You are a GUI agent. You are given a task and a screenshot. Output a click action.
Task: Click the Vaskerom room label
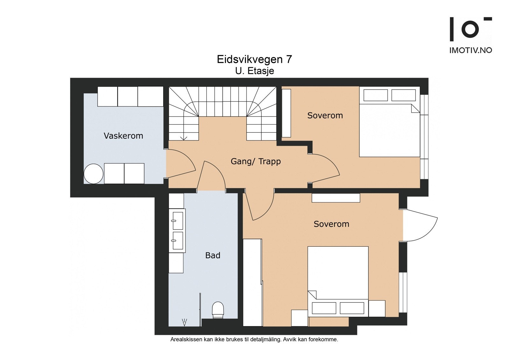[x=123, y=136]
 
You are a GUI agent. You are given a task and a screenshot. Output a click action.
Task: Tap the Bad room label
[x=213, y=255]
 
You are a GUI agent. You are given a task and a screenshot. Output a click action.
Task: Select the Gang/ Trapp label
[x=255, y=161]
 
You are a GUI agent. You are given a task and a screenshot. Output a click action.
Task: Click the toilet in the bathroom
[x=218, y=310]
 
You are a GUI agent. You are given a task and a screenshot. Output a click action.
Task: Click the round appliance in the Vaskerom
[x=94, y=174]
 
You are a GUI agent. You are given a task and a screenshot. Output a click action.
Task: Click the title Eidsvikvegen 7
[x=254, y=60]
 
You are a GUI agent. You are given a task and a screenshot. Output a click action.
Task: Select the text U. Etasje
[x=254, y=71]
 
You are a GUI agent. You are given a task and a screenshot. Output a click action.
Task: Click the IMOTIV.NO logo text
[x=471, y=50]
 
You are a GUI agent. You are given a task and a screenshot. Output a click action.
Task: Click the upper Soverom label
[x=325, y=116]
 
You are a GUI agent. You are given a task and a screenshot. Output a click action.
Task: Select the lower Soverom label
[x=331, y=224]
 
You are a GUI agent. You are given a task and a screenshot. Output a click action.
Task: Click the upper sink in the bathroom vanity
[x=178, y=221]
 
